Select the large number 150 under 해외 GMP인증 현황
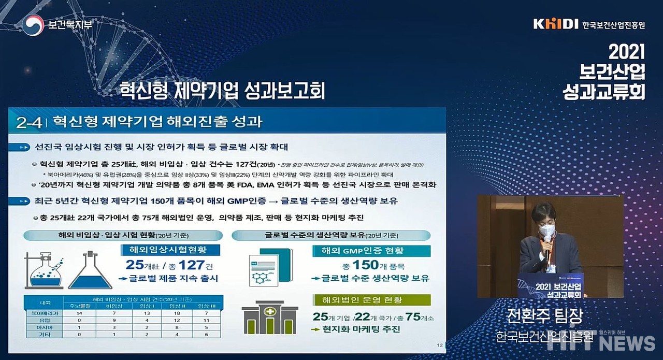click(366, 265)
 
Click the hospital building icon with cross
click(269, 317)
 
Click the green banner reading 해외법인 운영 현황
click(371, 300)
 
